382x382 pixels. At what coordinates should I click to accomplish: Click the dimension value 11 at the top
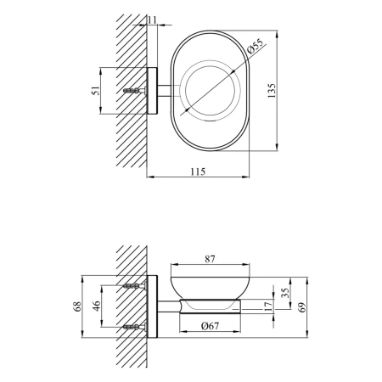pos(152,20)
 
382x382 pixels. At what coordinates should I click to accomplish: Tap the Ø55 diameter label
pos(255,46)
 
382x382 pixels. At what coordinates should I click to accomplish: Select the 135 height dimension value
pos(272,91)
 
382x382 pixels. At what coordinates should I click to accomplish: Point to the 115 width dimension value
pos(198,171)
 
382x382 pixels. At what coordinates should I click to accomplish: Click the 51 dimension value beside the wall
pos(97,91)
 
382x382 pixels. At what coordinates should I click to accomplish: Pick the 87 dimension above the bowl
pos(210,259)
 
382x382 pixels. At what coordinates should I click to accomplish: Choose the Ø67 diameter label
pos(210,326)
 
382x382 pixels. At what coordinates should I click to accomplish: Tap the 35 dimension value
pos(286,293)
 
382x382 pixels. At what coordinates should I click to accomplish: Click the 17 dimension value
pos(268,306)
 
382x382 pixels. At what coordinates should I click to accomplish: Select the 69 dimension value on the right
pos(302,307)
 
